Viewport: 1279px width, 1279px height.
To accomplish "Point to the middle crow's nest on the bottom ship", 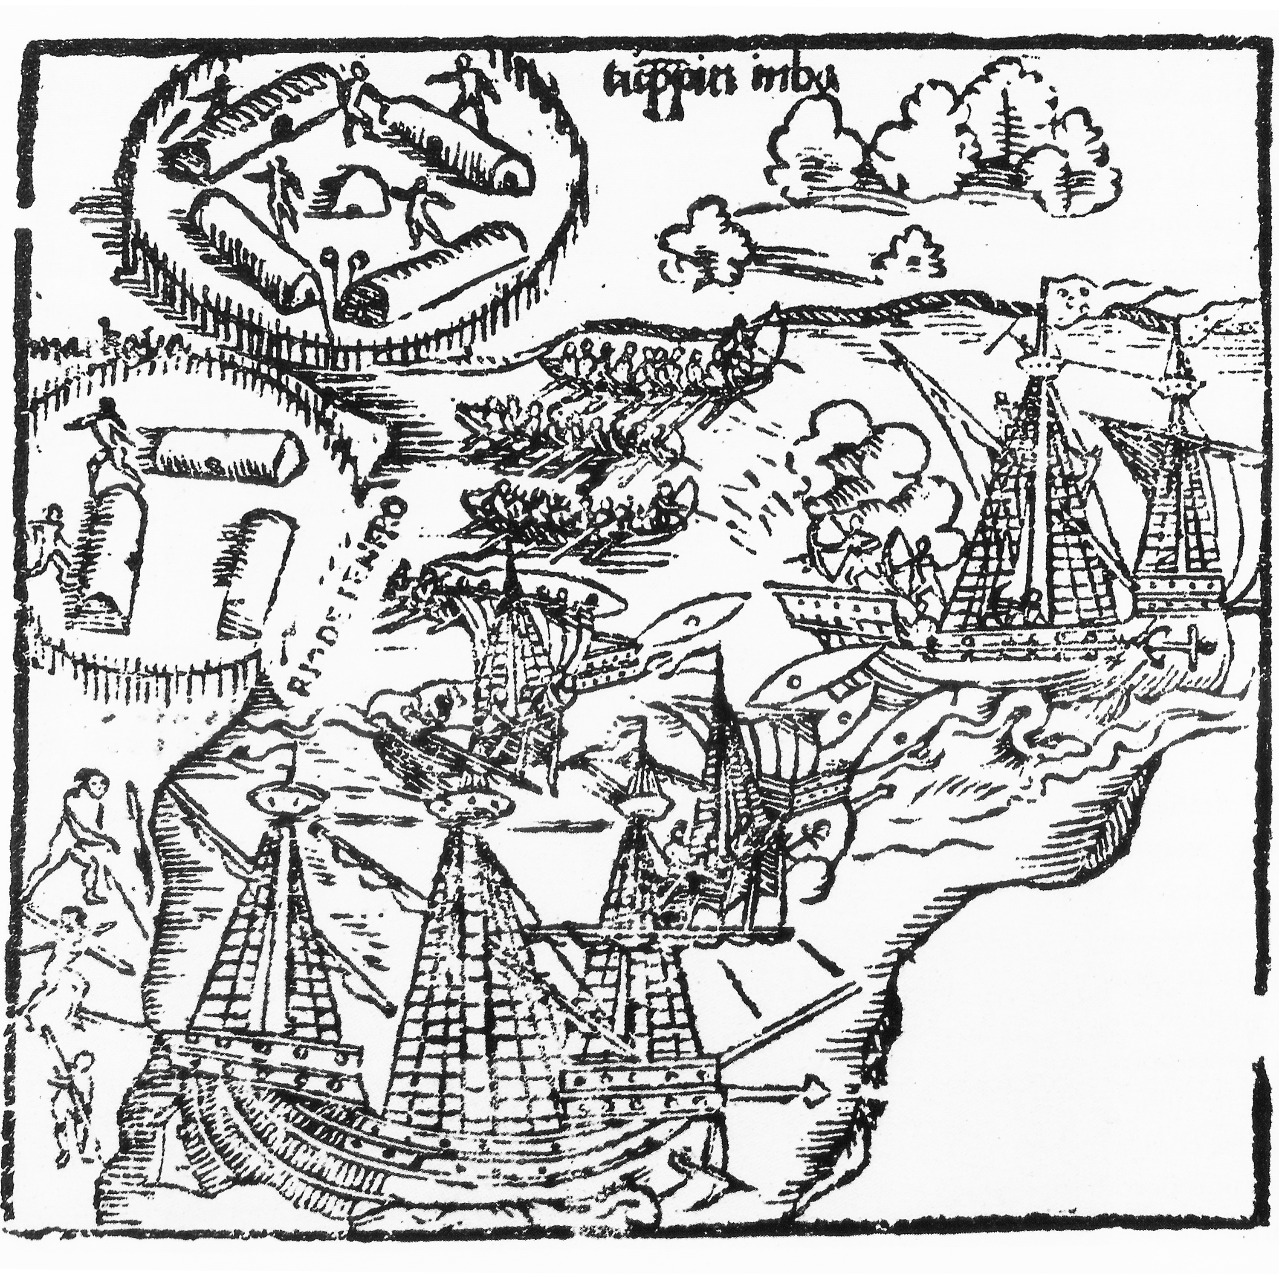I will point(472,804).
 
